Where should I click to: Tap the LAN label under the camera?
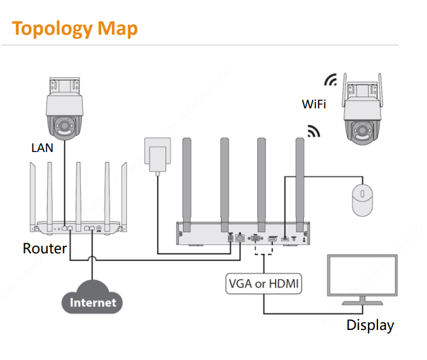tap(42, 147)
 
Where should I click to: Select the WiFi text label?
tap(314, 104)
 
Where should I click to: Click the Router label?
tap(45, 248)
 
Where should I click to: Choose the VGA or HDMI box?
tap(263, 284)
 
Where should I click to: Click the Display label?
tap(370, 325)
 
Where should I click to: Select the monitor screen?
tap(362, 279)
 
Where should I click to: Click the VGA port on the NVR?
tap(256, 239)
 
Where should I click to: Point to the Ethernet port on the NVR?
tap(240, 239)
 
